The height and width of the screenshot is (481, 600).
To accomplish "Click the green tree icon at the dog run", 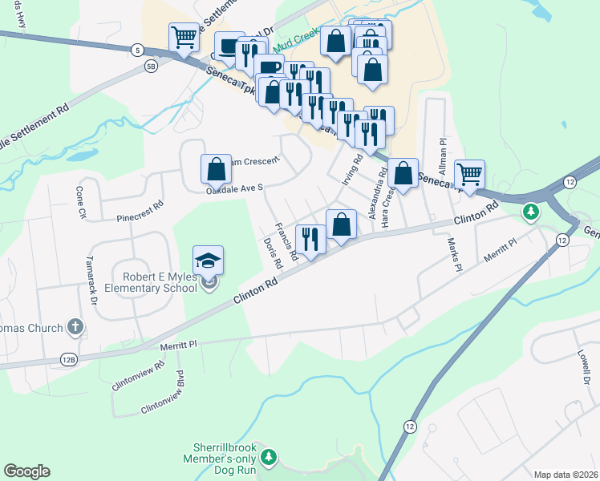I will pos(270,457).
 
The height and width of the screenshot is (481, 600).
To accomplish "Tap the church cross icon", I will pos(75,327).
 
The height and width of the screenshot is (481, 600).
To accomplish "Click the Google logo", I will pos(26,471).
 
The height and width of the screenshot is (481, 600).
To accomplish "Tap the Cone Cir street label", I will pos(80,203).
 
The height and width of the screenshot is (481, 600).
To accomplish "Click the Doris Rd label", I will pos(273,253).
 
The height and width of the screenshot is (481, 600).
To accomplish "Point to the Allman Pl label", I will pos(442,151).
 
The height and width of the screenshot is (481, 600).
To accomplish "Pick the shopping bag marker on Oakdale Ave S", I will pos(216,169).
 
